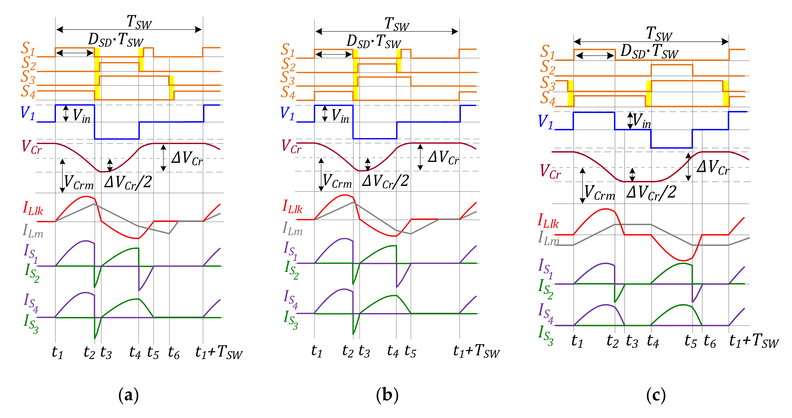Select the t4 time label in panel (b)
(x=393, y=350)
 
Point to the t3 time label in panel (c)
(x=632, y=341)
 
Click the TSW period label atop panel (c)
(x=659, y=34)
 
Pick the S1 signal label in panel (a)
(x=28, y=49)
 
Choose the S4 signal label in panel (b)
(x=288, y=92)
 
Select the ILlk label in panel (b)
(x=292, y=207)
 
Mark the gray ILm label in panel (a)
(x=33, y=231)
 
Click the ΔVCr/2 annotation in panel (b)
(x=386, y=181)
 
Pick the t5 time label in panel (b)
(x=410, y=351)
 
